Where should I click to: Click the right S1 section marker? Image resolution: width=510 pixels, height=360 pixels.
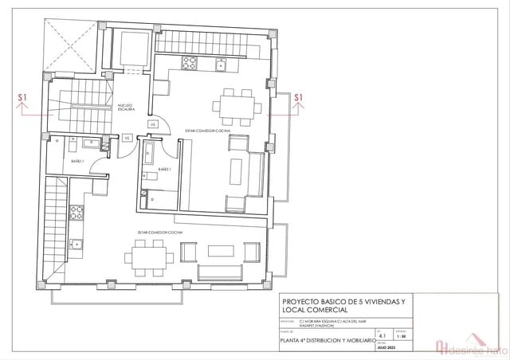coord(300,99)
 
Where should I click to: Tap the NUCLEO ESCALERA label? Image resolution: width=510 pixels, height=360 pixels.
coord(126,108)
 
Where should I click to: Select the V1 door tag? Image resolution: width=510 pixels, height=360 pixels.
coord(152,124)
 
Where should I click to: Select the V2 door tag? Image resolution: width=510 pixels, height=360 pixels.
coord(127,138)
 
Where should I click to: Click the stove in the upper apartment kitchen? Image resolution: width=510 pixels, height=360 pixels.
coord(190,64)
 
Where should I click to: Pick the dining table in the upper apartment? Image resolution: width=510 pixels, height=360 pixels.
coord(236,104)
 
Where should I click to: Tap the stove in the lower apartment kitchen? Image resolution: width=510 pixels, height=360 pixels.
coord(76,212)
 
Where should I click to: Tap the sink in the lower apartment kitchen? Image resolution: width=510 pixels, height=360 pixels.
coord(76,243)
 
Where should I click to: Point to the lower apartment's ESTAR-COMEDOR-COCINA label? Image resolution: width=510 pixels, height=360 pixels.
coord(159,233)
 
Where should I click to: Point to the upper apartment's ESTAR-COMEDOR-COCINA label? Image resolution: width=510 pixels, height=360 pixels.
coord(208,129)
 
